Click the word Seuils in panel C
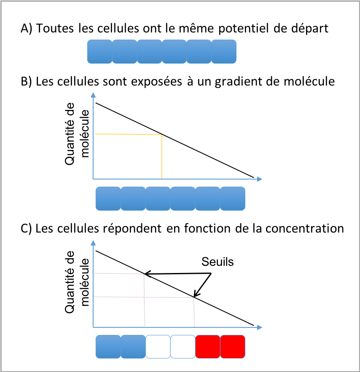point(218,262)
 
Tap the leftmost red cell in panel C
point(208,347)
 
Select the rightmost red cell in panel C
point(233,347)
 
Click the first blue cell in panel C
point(108,347)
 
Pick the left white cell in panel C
point(158,347)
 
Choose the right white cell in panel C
point(183,347)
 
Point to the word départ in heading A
point(310,29)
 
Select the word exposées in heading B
point(156,82)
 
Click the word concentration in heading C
point(305,228)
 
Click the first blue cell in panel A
point(99,51)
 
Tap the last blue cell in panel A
point(224,51)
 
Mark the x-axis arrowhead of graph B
point(260,179)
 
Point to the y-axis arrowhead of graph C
point(93,243)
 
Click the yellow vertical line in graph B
point(162,157)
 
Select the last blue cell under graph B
point(233,198)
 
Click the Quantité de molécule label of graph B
point(77,134)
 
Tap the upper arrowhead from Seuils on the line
point(148,274)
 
